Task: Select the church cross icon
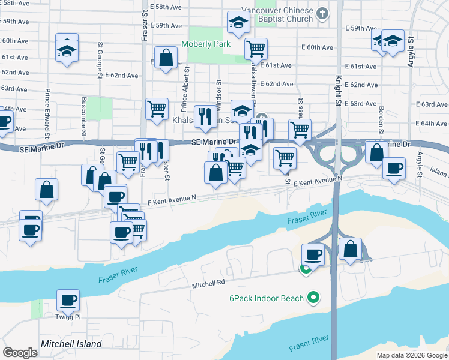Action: coord(323,13)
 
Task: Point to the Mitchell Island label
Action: coord(71,344)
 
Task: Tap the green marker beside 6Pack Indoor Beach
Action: coord(312,297)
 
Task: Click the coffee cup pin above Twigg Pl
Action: coord(68,299)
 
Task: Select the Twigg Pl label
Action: coord(68,316)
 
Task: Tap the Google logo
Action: coord(20,353)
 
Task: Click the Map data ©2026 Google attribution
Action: coord(412,355)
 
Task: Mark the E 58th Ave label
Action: coord(167,7)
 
